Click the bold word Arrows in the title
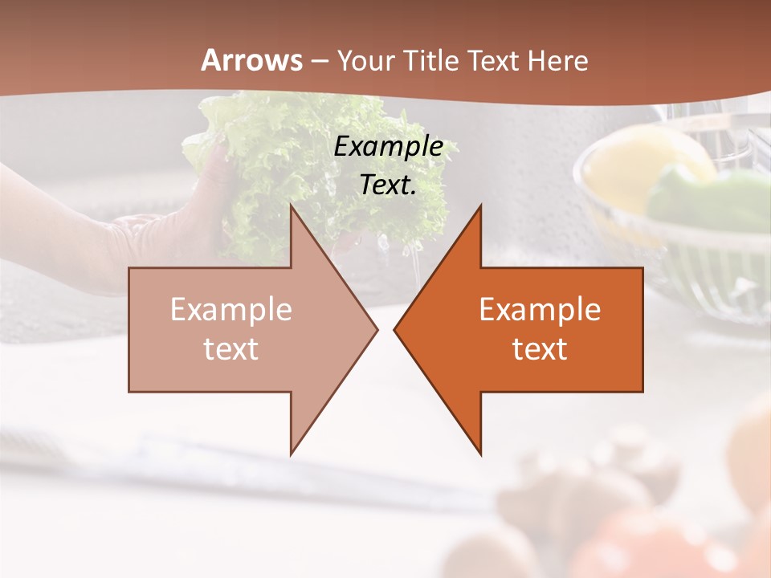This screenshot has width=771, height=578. pyautogui.click(x=251, y=60)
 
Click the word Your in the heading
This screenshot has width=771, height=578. pyautogui.click(x=367, y=61)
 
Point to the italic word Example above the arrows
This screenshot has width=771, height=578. pyautogui.click(x=388, y=147)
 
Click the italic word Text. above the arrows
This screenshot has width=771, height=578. pyautogui.click(x=388, y=185)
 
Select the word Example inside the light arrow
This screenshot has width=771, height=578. pyautogui.click(x=231, y=310)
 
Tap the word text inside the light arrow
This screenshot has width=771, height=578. pyautogui.click(x=231, y=349)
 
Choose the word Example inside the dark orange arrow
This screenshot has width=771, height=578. pyautogui.click(x=540, y=310)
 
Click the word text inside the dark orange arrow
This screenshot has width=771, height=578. pyautogui.click(x=540, y=349)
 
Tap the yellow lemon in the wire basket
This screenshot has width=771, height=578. pyautogui.click(x=642, y=161)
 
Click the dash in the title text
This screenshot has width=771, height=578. pyautogui.click(x=319, y=62)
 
